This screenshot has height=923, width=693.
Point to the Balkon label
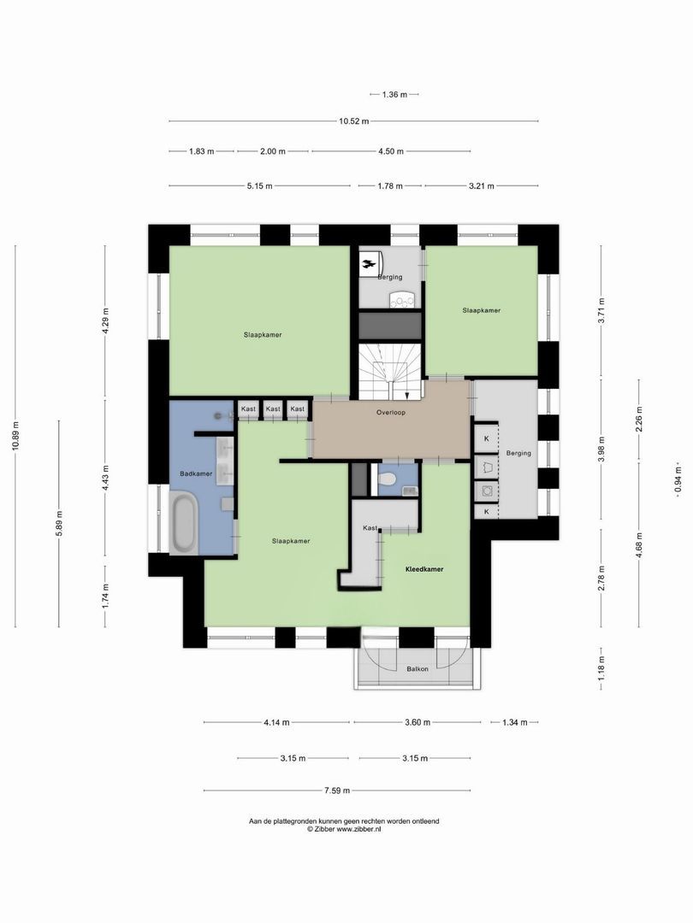point(418,669)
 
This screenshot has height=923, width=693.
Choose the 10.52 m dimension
point(353,121)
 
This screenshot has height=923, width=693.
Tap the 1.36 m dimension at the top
point(394,94)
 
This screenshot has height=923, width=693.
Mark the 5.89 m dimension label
point(59,523)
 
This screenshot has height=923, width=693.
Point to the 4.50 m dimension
point(390,151)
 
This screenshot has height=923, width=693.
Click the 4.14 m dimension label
point(276,722)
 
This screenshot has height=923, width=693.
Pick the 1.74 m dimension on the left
point(105,595)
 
